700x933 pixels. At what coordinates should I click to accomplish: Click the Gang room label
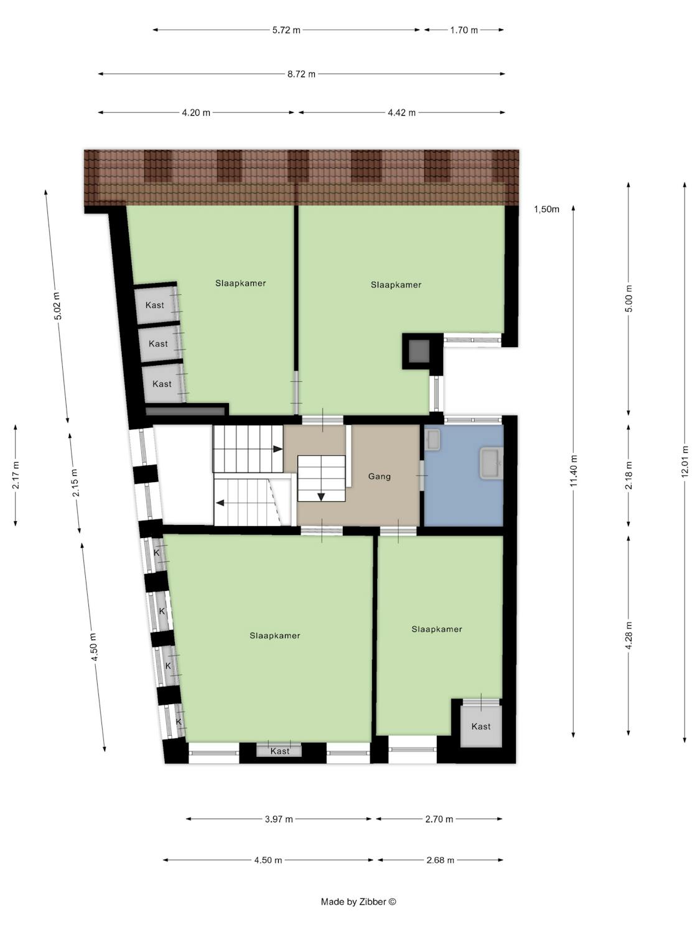click(x=379, y=476)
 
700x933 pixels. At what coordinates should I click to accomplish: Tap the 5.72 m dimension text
click(x=286, y=30)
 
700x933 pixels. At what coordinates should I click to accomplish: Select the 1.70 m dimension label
click(x=464, y=30)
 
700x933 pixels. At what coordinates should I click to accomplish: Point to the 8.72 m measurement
click(x=301, y=74)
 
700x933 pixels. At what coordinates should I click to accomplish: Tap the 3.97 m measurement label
click(x=279, y=819)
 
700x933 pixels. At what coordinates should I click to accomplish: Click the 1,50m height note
click(x=546, y=209)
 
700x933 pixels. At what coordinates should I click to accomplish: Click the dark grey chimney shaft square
click(x=419, y=351)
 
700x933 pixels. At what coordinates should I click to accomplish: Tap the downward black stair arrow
click(x=321, y=496)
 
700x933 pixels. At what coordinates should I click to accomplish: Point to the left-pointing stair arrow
click(x=220, y=503)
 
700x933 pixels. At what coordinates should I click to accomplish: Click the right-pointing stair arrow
click(x=278, y=449)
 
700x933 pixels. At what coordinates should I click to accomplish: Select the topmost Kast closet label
click(x=155, y=305)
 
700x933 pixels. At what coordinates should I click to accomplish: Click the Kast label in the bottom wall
click(x=279, y=751)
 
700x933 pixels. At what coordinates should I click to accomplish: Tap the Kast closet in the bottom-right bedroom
click(x=481, y=726)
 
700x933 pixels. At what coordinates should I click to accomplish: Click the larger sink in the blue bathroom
click(x=492, y=463)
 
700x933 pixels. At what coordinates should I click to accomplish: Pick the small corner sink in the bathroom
click(x=432, y=439)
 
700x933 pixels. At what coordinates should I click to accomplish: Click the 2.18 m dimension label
click(x=629, y=475)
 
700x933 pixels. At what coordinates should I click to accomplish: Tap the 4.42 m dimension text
click(x=401, y=113)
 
